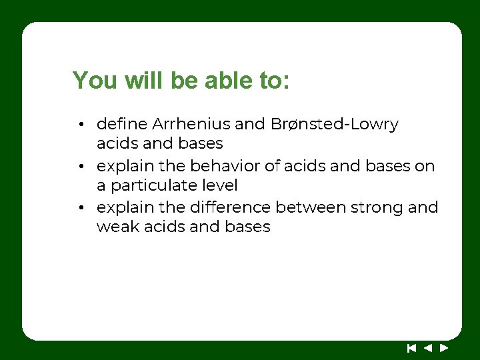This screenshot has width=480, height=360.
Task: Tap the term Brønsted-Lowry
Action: click(335, 124)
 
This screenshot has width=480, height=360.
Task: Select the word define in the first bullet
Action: click(122, 124)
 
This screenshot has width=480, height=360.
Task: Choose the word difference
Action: click(231, 207)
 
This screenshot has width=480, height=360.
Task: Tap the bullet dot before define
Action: click(79, 125)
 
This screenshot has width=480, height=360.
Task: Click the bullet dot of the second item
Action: click(79, 167)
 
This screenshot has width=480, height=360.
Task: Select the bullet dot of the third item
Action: click(79, 208)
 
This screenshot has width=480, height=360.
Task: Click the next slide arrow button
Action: click(444, 347)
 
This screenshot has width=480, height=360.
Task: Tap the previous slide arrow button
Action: click(428, 347)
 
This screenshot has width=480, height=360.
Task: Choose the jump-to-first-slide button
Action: click(411, 347)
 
